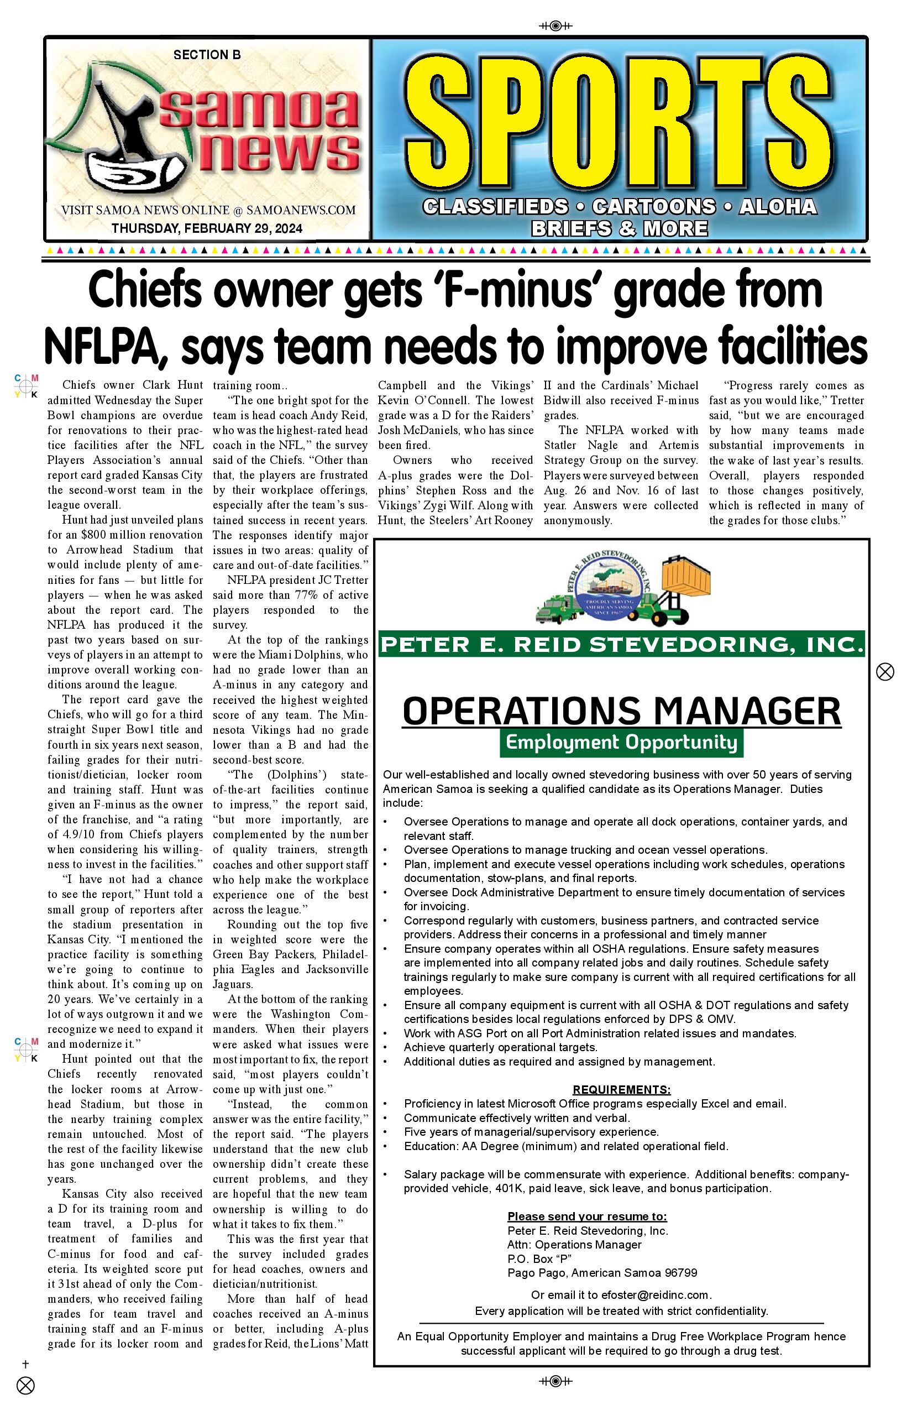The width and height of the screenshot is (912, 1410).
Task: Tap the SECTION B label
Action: point(207,55)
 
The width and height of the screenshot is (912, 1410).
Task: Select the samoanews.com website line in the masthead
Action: point(208,210)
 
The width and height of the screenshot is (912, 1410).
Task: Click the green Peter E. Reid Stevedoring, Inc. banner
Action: point(621,644)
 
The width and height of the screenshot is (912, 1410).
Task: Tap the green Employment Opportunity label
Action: point(621,742)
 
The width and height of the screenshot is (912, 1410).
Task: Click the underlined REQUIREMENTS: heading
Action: point(621,1089)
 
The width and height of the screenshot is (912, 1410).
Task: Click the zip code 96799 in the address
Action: point(680,1272)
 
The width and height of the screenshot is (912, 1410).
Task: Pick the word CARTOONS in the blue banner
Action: point(654,207)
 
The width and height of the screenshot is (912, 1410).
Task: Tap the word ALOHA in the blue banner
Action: point(778,207)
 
